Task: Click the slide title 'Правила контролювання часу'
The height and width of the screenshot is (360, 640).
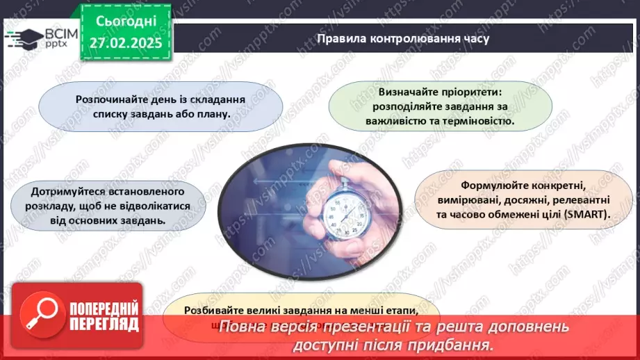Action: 402,39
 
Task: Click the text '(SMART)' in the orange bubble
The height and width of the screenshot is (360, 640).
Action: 586,215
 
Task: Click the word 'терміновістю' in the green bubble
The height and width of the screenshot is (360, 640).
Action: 480,120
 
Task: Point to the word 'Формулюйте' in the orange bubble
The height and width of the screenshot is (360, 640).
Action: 490,186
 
